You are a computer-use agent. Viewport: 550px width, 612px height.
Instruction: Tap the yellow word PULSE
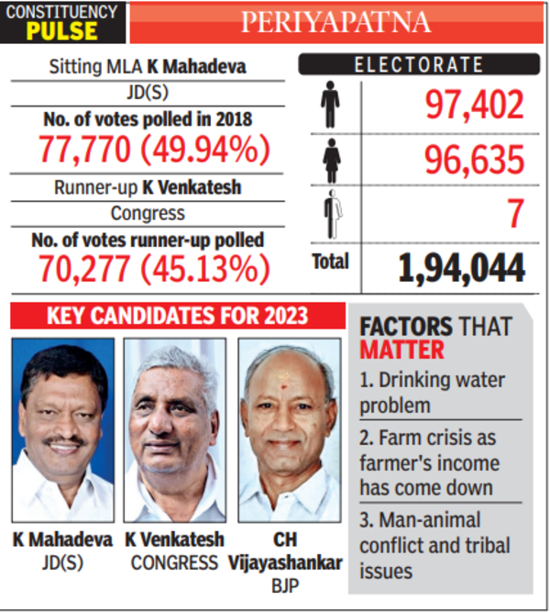62,32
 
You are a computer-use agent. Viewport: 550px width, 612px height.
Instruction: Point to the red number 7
515,215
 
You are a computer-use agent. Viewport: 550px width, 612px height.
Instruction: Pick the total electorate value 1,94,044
461,267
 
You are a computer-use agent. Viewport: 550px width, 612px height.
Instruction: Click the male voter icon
330,106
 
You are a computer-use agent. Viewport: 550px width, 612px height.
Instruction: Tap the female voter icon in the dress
330,161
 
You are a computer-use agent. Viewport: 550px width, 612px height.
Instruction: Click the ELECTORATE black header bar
418,65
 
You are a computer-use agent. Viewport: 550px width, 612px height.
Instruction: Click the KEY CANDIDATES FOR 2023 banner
177,317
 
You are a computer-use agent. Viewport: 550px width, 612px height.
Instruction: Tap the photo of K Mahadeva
63,430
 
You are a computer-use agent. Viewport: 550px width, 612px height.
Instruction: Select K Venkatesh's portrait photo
175,430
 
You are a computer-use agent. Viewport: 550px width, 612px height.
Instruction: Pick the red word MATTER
401,350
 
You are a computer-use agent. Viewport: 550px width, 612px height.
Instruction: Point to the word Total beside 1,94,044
330,261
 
